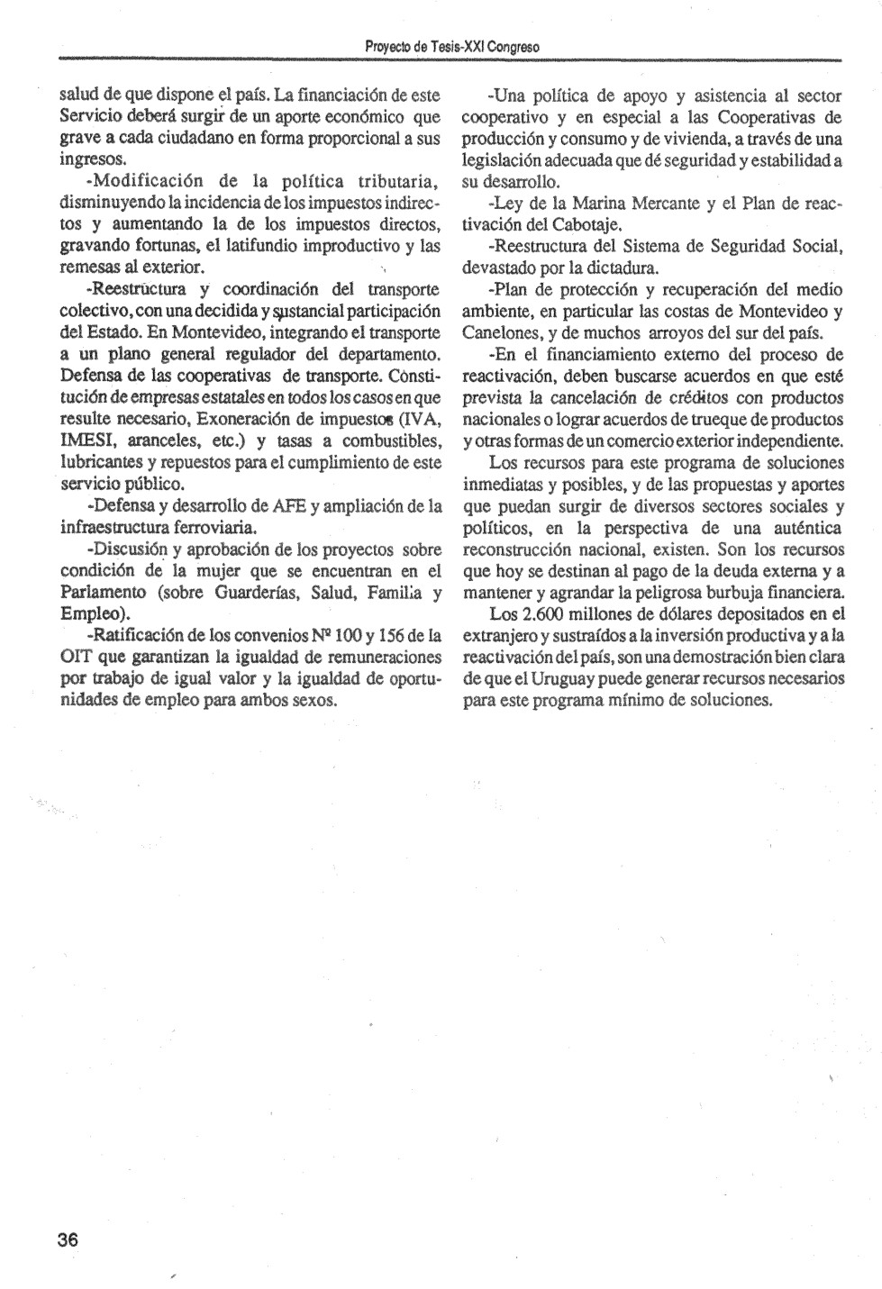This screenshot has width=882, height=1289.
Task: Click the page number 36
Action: click(x=68, y=1239)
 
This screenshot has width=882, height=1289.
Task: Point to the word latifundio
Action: click(x=240, y=246)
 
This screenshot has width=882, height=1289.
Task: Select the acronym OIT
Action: click(x=76, y=657)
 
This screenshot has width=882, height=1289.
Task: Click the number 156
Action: click(x=405, y=636)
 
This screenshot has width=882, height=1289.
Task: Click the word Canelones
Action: click(x=501, y=332)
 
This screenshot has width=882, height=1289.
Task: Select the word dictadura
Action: click(x=625, y=268)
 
